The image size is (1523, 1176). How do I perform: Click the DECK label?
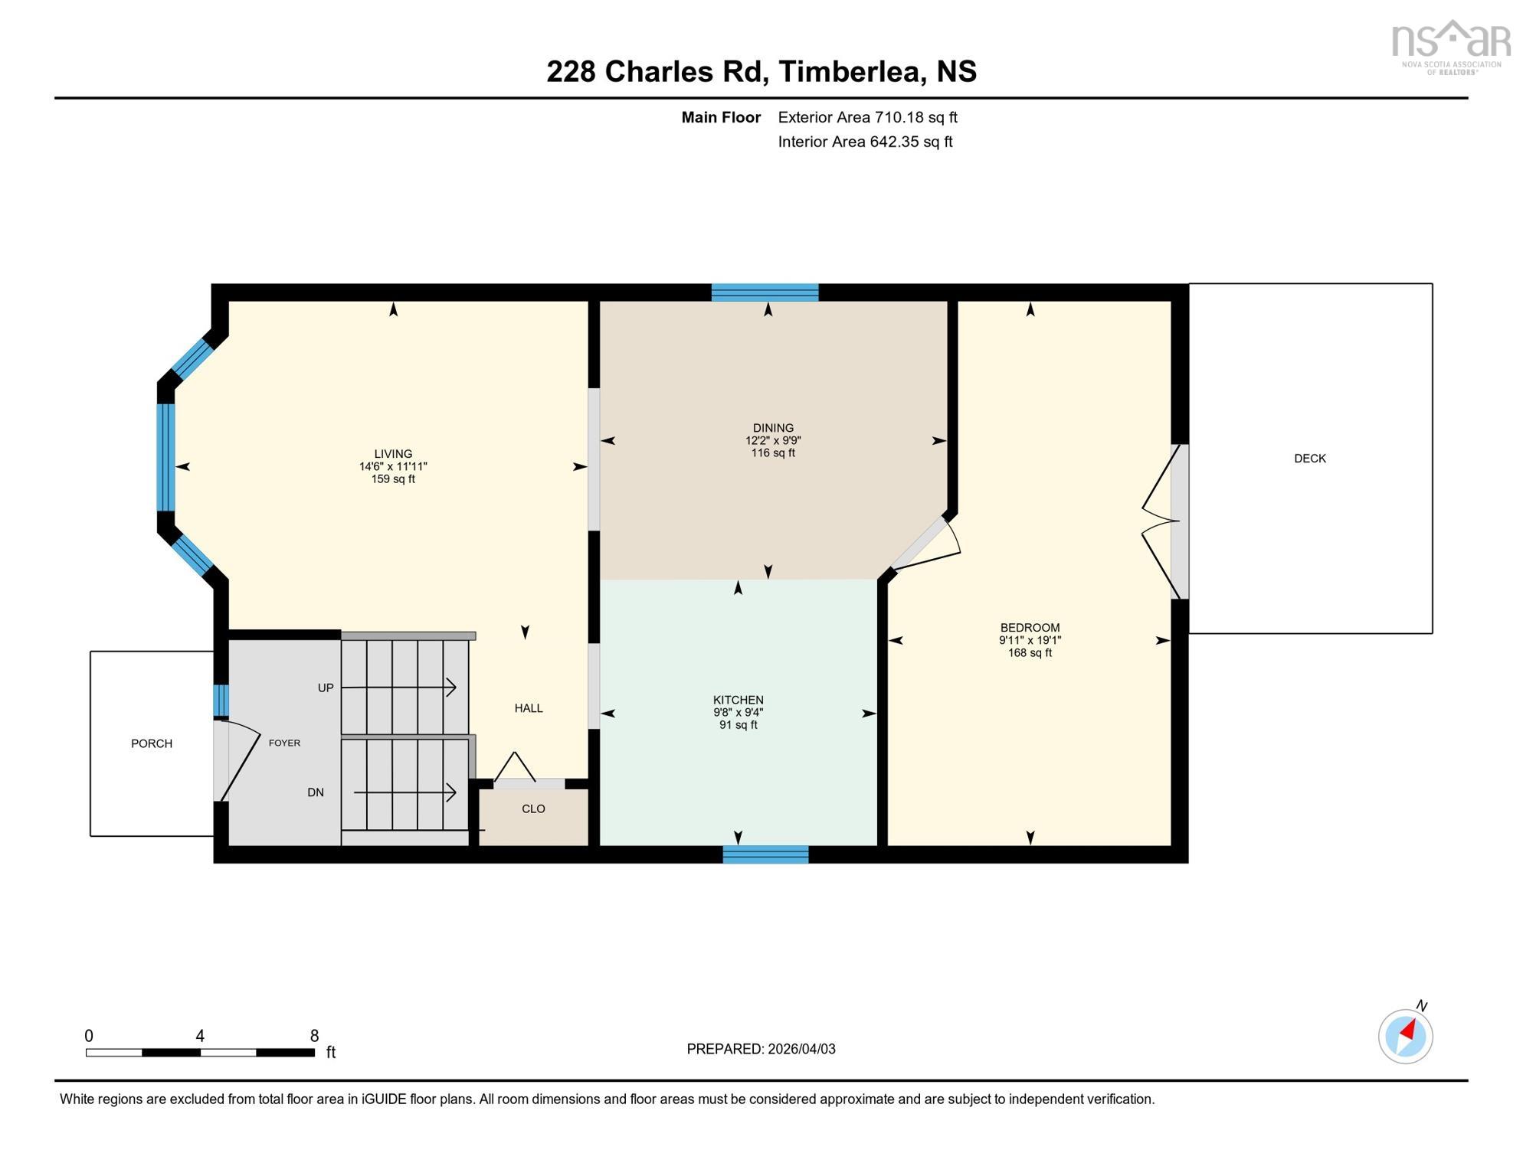coord(1309,459)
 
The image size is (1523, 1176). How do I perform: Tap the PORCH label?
coord(152,743)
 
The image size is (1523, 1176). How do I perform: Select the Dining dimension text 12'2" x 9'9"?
coord(772,441)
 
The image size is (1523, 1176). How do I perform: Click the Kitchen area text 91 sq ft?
coord(738,725)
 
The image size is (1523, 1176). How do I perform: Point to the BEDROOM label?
coord(1030,628)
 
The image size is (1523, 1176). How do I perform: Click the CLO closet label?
coord(533,809)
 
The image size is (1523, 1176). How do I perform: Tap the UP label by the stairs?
coord(326,688)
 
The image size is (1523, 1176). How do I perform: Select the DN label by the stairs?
coord(316,792)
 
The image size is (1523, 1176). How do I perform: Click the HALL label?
coord(529,708)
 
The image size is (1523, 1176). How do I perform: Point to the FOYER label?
coord(284,743)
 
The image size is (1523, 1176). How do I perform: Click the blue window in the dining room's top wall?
coord(765,292)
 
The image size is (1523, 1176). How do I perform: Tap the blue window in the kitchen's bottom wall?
coord(765,854)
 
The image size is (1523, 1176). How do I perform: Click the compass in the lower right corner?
coord(1405,1037)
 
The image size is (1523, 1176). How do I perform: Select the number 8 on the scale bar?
coord(314,1036)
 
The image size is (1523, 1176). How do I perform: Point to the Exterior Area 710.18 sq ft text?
coord(867,117)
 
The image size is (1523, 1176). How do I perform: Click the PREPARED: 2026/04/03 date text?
coord(761,1049)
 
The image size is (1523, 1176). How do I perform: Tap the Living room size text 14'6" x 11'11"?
coord(393,466)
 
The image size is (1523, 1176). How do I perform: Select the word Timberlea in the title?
coord(850,71)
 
